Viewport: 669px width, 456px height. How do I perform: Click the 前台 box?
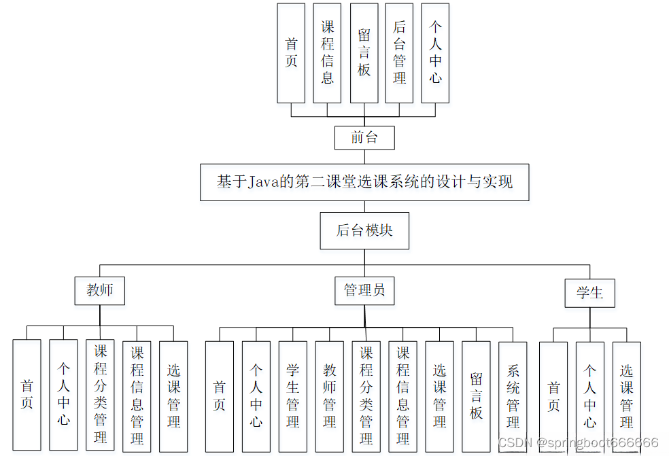pyautogui.click(x=364, y=138)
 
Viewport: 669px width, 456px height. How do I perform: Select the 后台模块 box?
pyautogui.click(x=364, y=230)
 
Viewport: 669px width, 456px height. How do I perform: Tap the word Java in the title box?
pyautogui.click(x=263, y=181)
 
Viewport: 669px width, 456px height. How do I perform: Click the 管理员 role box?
pyautogui.click(x=364, y=290)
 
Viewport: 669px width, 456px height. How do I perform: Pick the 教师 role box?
pyautogui.click(x=100, y=290)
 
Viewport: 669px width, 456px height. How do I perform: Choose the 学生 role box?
pyautogui.click(x=589, y=294)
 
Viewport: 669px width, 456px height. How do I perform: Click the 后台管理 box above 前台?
pyautogui.click(x=399, y=52)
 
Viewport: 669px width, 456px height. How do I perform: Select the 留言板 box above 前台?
pyautogui.click(x=364, y=52)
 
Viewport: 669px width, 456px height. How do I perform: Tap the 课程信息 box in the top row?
pyautogui.click(x=327, y=52)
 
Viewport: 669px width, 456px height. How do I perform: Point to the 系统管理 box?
pyautogui.click(x=513, y=396)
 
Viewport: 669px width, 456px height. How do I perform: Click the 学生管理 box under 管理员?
pyautogui.click(x=292, y=396)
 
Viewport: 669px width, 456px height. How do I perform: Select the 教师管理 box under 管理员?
pyautogui.click(x=329, y=396)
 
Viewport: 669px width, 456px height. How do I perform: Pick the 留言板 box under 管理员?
pyautogui.click(x=476, y=396)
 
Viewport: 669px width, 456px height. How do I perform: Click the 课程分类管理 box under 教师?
pyautogui.click(x=100, y=394)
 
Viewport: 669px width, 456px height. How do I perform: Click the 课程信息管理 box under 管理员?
pyautogui.click(x=402, y=396)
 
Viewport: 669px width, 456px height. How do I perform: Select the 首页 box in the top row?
pyautogui.click(x=291, y=52)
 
